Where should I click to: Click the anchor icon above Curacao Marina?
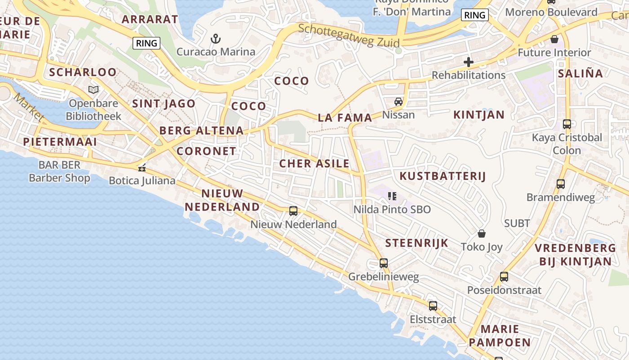point(216,39)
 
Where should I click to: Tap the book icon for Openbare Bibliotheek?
point(93,90)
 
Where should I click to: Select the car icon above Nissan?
point(398,101)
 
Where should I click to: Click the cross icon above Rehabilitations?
point(469,62)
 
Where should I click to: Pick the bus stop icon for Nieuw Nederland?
point(293,211)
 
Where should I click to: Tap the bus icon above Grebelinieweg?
point(383,263)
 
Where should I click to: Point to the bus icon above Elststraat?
point(433,306)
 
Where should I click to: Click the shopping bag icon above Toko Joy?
point(482,234)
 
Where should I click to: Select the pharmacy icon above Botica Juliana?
point(142,168)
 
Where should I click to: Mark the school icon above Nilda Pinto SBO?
point(392,196)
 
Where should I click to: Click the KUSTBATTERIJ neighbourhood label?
point(443,176)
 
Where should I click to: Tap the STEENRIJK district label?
point(416,243)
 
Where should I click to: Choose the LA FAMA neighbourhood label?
point(345,118)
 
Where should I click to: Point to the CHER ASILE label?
point(314,163)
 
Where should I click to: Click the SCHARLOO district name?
point(83,72)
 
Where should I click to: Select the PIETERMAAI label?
point(60,142)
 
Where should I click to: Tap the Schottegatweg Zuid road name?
point(348,35)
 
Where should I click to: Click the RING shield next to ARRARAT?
point(146,43)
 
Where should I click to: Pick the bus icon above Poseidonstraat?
point(504,276)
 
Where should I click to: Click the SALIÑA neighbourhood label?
point(580,73)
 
